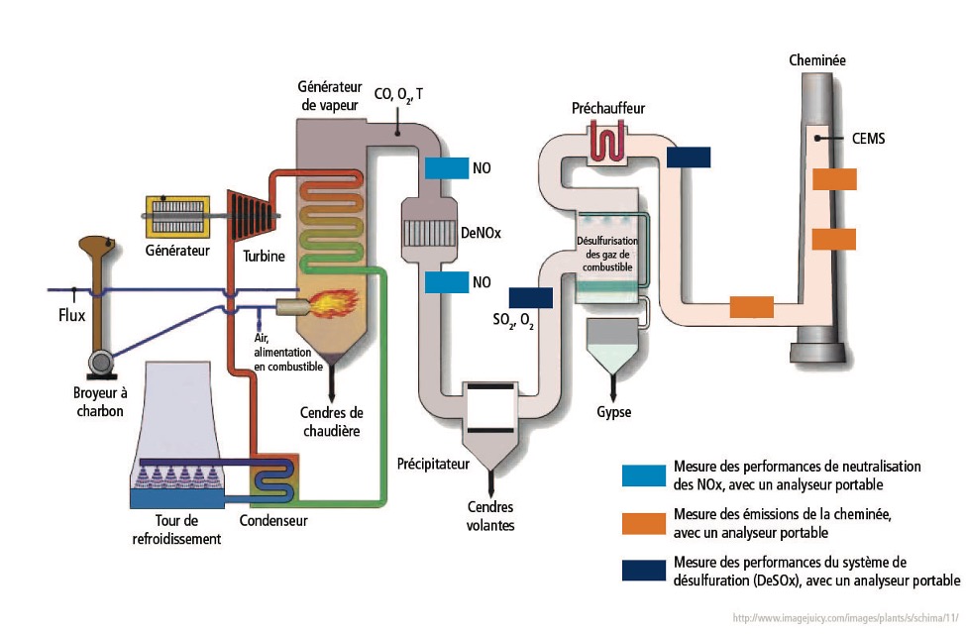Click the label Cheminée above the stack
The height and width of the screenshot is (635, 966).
point(817,60)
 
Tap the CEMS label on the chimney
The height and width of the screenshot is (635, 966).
point(868,139)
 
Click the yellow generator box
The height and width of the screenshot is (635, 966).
point(176,216)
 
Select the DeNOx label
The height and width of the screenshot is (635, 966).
point(481,233)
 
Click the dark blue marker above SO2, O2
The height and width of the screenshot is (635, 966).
point(530,297)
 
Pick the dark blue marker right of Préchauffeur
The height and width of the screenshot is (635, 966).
point(689,157)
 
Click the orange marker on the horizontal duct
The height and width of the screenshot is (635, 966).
point(751,307)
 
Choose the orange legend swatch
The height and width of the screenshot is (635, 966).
point(643,521)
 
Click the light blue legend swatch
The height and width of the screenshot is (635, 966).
point(643,476)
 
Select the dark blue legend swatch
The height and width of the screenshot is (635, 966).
point(643,572)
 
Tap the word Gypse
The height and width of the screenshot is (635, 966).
point(614,412)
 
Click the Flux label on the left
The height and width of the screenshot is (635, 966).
point(71,318)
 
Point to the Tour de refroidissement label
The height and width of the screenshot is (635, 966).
point(176,530)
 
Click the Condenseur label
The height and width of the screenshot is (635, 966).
point(274,520)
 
